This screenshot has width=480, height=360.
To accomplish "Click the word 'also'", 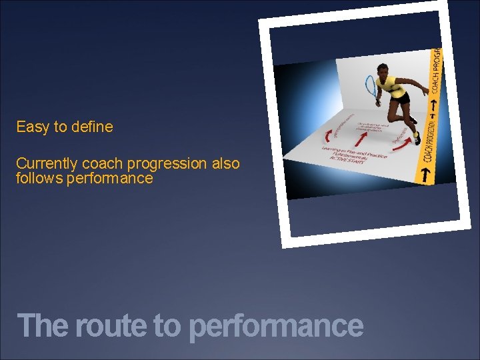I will (x=225, y=164).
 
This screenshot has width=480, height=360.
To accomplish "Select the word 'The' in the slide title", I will (x=44, y=326).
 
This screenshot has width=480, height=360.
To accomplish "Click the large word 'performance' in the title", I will (x=276, y=326).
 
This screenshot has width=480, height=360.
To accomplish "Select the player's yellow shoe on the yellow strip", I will (x=417, y=138).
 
